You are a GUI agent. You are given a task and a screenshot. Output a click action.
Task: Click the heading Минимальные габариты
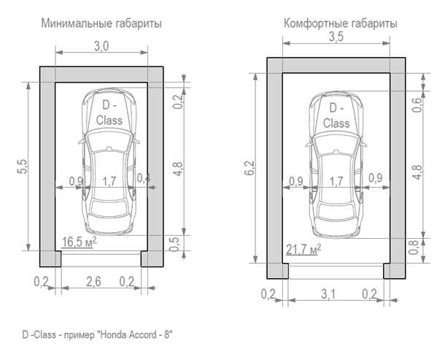[101, 24]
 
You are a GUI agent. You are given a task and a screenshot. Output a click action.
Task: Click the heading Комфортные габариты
[340, 24]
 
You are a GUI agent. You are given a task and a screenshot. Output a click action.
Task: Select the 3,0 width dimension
[101, 46]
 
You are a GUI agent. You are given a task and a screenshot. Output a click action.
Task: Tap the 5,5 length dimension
[22, 166]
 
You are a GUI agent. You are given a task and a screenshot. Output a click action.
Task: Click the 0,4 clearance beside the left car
[143, 179]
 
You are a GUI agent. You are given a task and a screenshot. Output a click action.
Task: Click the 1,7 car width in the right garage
[336, 180]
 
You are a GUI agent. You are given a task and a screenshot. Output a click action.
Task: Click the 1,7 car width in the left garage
[109, 180]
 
